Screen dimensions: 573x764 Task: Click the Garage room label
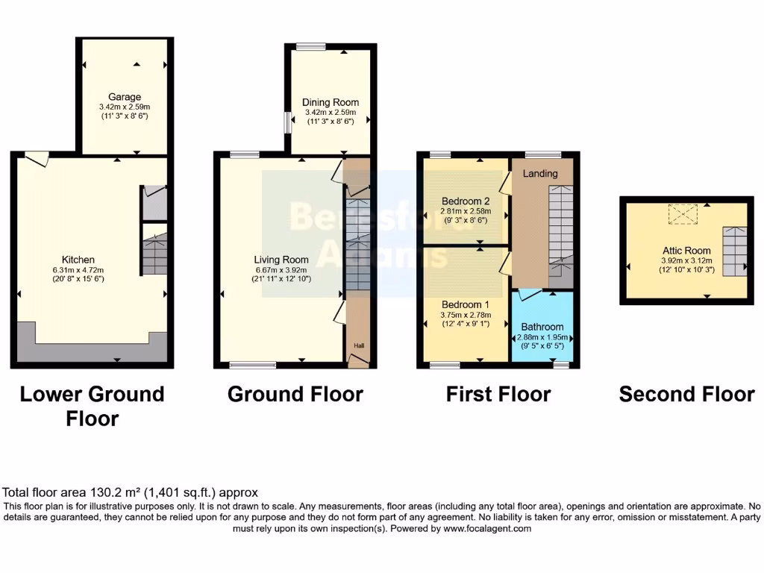click(125, 97)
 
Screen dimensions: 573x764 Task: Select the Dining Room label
click(330, 102)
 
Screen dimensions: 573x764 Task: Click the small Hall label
click(359, 345)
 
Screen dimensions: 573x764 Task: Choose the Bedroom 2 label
click(466, 201)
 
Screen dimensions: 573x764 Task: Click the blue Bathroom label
click(542, 327)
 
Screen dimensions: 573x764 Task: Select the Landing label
click(539, 174)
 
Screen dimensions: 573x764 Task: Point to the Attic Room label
click(686, 251)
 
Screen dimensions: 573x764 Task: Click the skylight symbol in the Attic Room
click(680, 214)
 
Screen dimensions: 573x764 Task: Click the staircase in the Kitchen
click(154, 254)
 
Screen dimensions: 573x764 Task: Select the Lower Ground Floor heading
click(92, 406)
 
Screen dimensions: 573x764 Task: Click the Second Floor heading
click(686, 394)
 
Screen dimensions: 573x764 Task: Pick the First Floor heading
click(498, 394)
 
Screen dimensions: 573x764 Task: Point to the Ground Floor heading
click(295, 394)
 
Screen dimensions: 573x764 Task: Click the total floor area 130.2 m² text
click(131, 492)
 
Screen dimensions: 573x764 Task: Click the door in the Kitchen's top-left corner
click(35, 157)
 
